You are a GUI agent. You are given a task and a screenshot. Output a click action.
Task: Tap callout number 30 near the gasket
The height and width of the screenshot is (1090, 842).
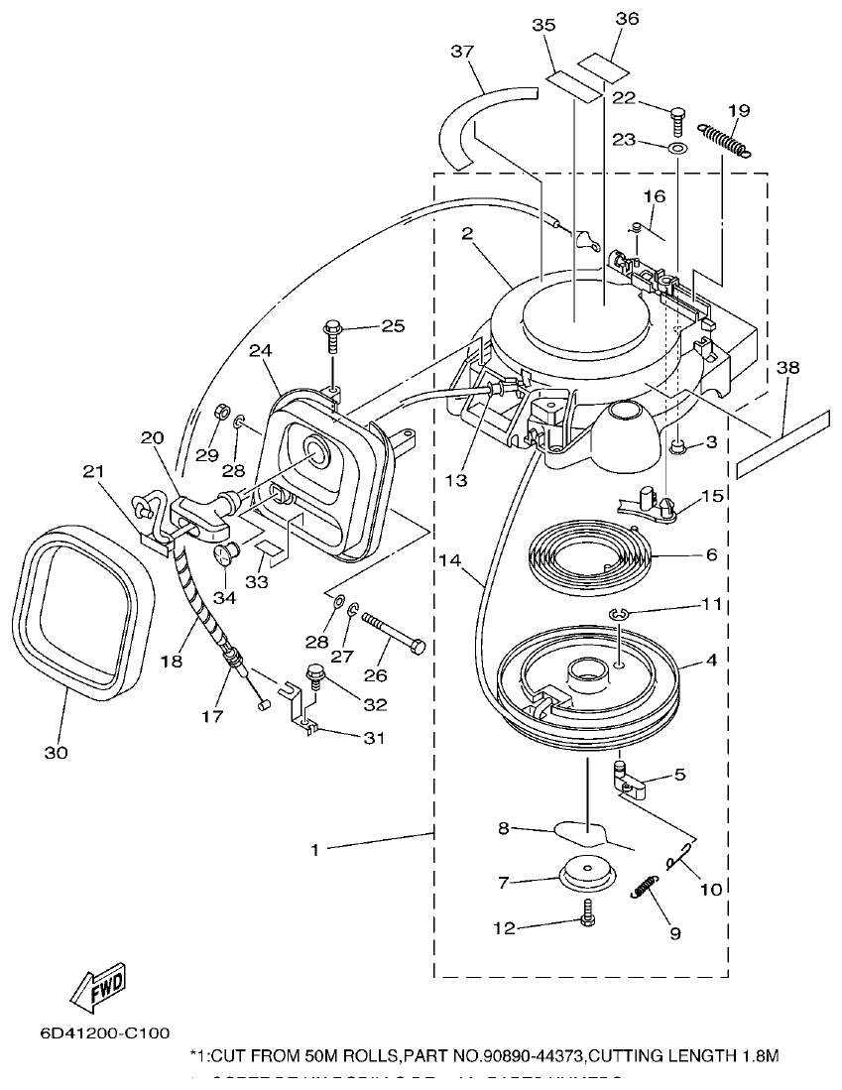(56, 753)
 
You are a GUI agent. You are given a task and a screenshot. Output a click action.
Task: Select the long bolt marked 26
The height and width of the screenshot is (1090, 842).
(394, 634)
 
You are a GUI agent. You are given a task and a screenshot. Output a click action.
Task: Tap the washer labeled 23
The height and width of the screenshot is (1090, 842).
(676, 148)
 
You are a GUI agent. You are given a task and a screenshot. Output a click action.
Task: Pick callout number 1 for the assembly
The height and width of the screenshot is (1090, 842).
(315, 849)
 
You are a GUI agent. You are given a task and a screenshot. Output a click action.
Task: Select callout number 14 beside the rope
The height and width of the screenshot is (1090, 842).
(448, 560)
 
